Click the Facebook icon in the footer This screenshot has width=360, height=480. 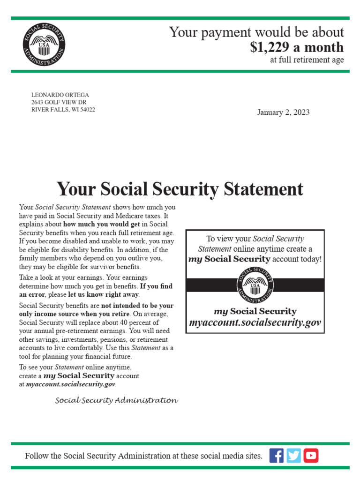[277, 455]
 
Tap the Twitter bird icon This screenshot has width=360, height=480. [293, 455]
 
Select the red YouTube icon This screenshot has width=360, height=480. [311, 455]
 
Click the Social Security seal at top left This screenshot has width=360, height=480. [45, 45]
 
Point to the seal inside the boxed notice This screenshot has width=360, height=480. [255, 285]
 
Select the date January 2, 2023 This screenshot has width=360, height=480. [283, 112]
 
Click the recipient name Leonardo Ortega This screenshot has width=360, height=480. [60, 95]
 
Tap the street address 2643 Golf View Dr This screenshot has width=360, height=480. [59, 102]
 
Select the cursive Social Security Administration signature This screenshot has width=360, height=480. [116, 401]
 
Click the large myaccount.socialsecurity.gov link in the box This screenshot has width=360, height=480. [255, 323]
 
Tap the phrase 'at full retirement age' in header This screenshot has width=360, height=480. [307, 60]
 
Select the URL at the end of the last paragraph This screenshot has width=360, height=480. [71, 384]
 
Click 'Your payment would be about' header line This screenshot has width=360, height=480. [256, 32]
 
